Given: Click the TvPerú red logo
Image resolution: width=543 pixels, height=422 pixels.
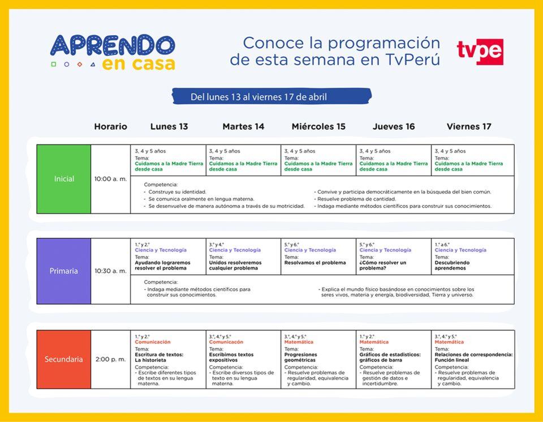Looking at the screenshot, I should coord(480,52).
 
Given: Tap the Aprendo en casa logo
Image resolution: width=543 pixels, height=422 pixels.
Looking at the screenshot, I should coord(113,52).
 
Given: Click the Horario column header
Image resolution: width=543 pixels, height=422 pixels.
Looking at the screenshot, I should coord(110,126).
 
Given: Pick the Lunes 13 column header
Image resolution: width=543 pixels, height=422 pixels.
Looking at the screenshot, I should coord(169,126).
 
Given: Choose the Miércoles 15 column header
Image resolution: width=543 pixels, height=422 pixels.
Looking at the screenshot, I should coord(318,126).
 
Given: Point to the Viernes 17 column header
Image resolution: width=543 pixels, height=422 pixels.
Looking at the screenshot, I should coord(469,126).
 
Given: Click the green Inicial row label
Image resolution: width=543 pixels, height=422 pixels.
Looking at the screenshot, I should coord(64,179).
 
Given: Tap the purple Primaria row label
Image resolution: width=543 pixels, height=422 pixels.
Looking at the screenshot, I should coord(64,271).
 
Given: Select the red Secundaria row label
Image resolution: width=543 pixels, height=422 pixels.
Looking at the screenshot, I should coord(64,359).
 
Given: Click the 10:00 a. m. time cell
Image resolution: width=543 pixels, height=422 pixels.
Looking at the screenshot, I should coord(111,179).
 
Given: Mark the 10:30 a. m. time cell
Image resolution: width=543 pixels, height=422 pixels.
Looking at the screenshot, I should coord(111,271).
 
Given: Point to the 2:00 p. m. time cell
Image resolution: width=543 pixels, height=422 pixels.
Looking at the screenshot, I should coord(111,359).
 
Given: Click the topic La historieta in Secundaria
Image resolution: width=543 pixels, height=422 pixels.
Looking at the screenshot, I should coord(150,360).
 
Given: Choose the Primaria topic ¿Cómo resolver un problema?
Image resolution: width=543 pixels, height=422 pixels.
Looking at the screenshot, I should coord(382,266).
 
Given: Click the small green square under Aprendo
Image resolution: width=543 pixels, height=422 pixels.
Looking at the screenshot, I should coord(54,65).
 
